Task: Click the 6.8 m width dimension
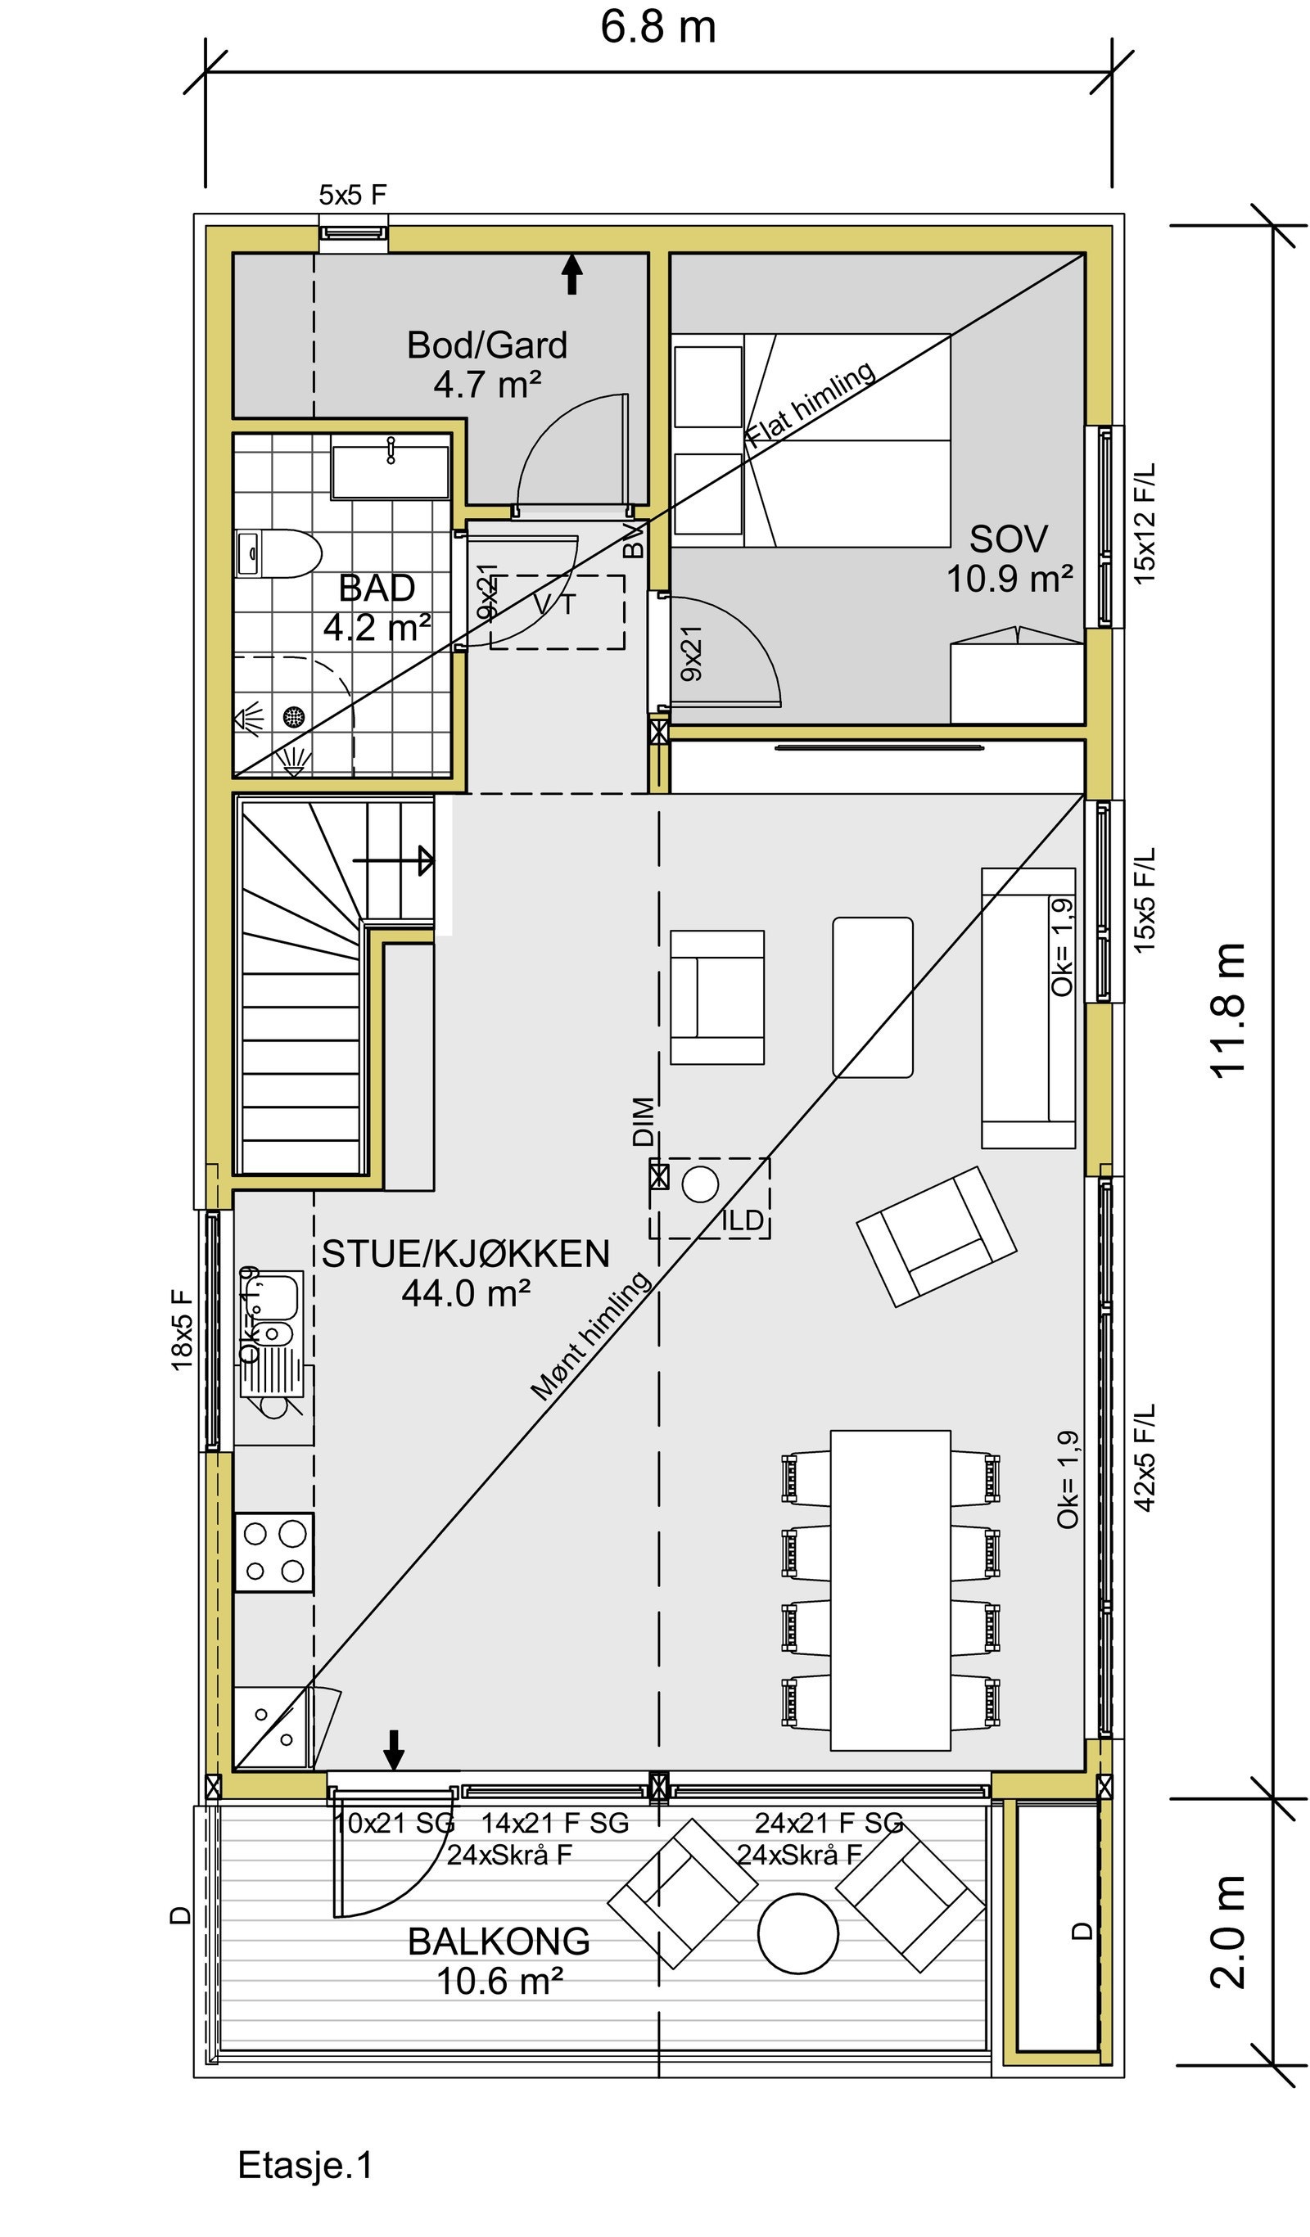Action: pos(657,27)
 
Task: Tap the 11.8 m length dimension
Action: pos(1228,1010)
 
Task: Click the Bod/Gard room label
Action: pos(486,345)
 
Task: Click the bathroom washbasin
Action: pos(390,472)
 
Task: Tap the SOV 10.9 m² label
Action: pos(1009,558)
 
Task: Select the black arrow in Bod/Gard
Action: pos(573,274)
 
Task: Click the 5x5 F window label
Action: pos(353,195)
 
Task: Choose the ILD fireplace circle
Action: pos(700,1184)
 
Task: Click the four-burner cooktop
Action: pos(273,1552)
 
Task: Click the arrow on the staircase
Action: pos(394,860)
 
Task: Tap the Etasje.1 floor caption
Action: pos(305,2165)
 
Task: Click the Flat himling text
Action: pos(810,405)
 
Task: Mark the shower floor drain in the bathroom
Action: pos(294,716)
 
